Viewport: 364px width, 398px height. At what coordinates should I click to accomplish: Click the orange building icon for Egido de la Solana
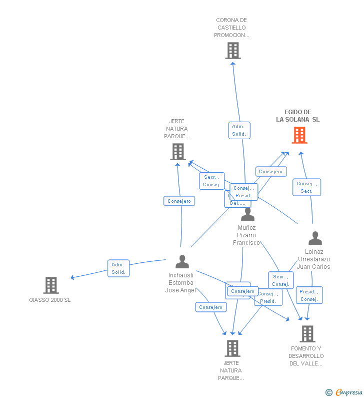coord(299,135)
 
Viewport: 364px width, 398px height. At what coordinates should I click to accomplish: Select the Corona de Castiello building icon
coord(232,51)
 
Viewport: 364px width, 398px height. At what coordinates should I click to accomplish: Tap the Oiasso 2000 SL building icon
coord(51,285)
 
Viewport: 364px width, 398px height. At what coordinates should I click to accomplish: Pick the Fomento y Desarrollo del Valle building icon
coord(307,334)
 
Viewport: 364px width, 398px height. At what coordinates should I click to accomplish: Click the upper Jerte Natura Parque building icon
coord(178,152)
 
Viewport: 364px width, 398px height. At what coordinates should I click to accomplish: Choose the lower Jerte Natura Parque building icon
coord(232,348)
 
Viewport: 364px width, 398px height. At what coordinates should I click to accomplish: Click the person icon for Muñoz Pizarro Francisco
coord(247,214)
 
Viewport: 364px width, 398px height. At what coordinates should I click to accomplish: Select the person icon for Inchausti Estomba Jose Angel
coord(182,262)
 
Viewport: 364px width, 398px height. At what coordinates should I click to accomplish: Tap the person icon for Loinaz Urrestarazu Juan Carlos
coord(315,238)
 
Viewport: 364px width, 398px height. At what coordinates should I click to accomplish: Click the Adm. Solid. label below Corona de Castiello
coord(239,131)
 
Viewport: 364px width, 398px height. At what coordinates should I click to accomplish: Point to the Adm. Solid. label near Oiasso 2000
coord(118,268)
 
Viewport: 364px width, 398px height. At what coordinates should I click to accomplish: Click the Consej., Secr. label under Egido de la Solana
coord(306,187)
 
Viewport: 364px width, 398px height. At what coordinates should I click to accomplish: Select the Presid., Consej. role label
coord(309,295)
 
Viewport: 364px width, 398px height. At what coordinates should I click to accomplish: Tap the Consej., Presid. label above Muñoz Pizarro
coord(243,192)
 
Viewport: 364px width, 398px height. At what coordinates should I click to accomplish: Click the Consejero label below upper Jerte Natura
coord(179,201)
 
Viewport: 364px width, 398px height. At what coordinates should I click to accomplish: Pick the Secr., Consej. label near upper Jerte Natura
coord(211,181)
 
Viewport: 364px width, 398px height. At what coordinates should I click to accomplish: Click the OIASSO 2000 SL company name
coord(50,300)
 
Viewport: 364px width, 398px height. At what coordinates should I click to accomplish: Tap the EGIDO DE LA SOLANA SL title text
coord(298,116)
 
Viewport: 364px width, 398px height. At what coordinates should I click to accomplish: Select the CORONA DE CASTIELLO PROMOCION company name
coord(231,28)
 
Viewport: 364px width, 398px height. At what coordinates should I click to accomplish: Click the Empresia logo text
coord(348,392)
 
